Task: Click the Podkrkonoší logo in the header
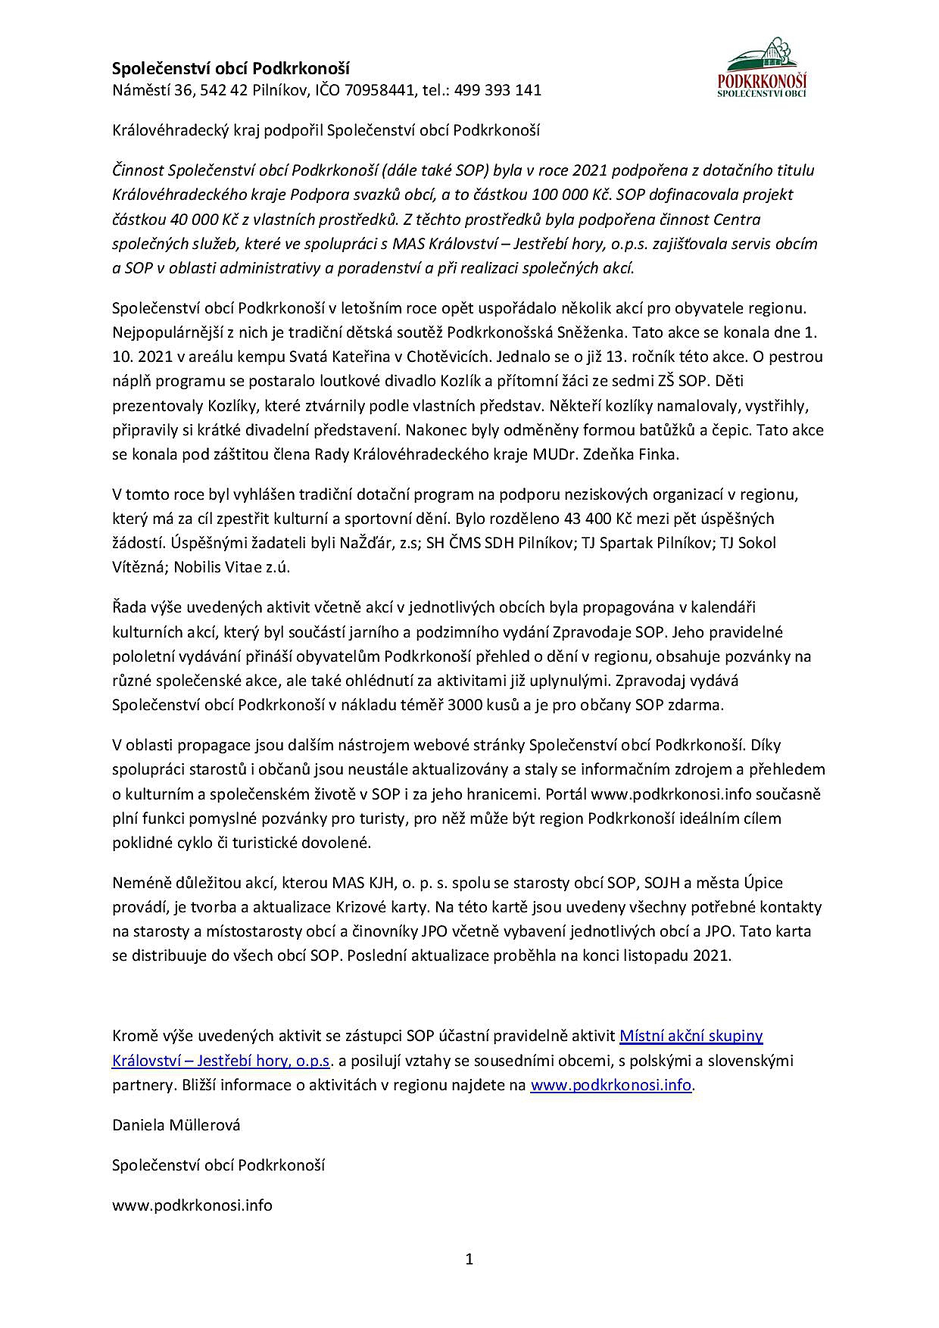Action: tap(762, 68)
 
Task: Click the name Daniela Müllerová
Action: tap(176, 1125)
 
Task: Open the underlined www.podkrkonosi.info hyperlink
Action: tap(610, 1085)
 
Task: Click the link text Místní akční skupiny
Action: tap(691, 1036)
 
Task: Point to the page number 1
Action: tap(469, 1259)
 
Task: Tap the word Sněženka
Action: tap(594, 332)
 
